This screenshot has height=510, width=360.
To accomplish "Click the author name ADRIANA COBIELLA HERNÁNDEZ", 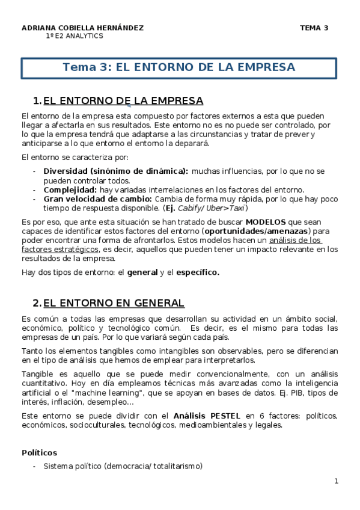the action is coord(82,28).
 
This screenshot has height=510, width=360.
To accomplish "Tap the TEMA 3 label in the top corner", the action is coord(314,28).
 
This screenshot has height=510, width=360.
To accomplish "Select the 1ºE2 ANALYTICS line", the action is coord(75,36).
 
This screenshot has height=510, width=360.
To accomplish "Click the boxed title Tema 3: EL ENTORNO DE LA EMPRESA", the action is coord(179,67).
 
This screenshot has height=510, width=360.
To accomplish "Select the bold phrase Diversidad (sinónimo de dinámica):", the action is coord(115,171).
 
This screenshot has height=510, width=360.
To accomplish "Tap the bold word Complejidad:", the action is coord(65,189).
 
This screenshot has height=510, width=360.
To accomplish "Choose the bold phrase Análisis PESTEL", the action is coord(206,416).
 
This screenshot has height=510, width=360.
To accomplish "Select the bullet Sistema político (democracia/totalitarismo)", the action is coord(123,466).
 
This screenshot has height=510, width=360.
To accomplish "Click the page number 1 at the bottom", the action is coord(337,481).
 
